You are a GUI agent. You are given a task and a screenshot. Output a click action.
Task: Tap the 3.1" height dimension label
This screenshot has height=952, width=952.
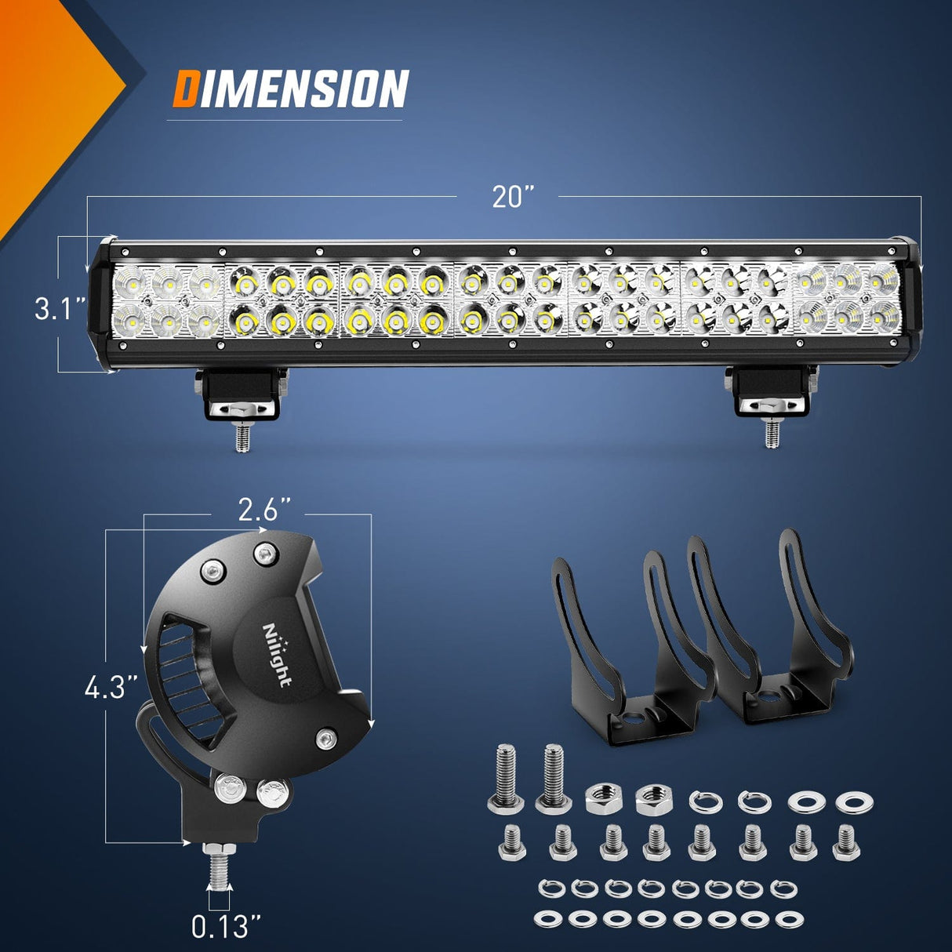pos(60,308)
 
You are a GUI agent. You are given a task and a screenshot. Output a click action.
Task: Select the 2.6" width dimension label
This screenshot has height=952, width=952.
pos(259,511)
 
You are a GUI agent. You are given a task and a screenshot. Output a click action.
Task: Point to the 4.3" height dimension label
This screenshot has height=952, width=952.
pos(111,688)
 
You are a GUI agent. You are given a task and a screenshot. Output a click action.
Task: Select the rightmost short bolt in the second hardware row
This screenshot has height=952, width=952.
pos(846,842)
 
